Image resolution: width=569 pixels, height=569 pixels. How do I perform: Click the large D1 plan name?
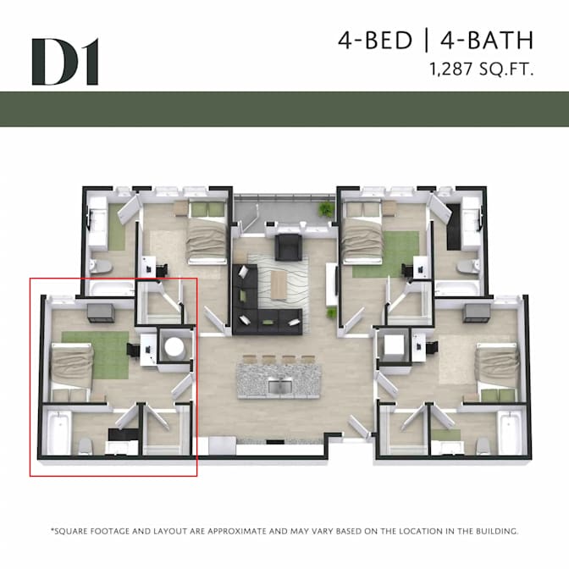(65, 62)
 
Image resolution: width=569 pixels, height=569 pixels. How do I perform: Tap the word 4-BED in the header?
(375, 40)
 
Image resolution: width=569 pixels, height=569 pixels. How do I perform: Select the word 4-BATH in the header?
(487, 40)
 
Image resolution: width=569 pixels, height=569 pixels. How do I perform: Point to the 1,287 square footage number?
(451, 69)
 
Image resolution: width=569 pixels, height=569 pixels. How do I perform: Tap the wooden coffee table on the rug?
(279, 284)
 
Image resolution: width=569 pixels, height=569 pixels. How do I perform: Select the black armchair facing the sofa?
(289, 247)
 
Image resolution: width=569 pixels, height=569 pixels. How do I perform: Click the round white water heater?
(174, 347)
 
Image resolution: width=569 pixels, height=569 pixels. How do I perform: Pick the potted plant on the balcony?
(326, 210)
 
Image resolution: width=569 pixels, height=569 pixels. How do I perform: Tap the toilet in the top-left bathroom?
(101, 267)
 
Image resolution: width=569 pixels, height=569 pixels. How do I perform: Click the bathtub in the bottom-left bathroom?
(58, 433)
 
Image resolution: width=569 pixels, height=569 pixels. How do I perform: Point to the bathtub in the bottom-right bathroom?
(511, 433)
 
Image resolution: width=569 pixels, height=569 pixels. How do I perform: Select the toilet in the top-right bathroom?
(469, 267)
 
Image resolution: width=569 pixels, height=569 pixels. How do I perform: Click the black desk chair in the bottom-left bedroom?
(133, 351)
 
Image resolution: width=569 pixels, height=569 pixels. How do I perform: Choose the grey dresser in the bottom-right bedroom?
(477, 313)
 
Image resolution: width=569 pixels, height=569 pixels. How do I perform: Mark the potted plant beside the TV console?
(331, 312)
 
